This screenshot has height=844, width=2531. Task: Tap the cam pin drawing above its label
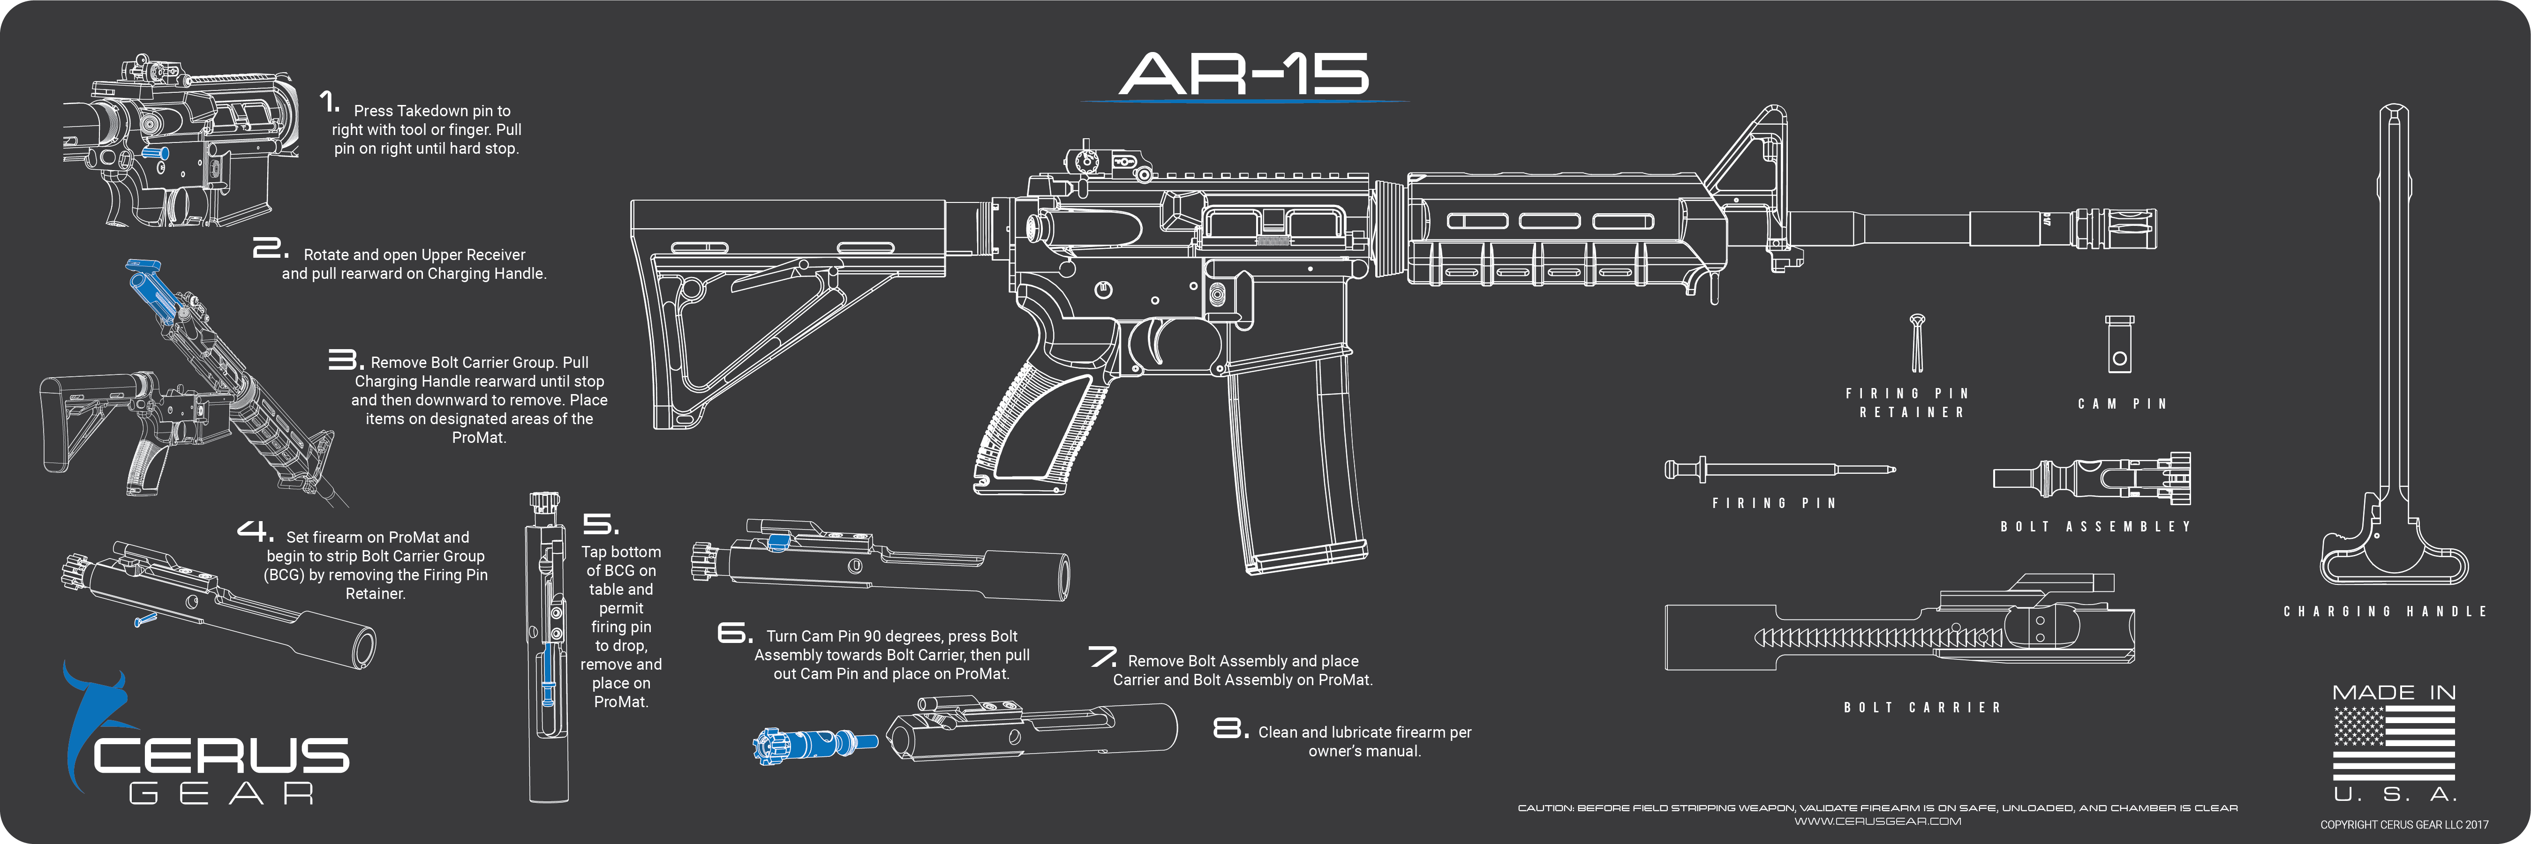[x=2119, y=344]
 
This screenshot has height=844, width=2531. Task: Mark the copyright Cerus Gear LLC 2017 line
[x=2404, y=825]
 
